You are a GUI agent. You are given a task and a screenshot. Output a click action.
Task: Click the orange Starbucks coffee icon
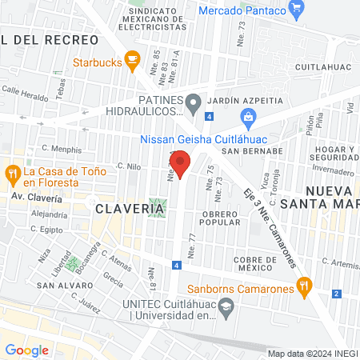pyautogui.click(x=130, y=62)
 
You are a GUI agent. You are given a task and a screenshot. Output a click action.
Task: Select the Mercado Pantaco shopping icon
pyautogui.click(x=298, y=10)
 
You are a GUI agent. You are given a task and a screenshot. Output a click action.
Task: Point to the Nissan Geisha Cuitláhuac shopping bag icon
pyautogui.click(x=248, y=119)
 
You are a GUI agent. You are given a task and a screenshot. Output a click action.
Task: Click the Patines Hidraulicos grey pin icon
pyautogui.click(x=193, y=102)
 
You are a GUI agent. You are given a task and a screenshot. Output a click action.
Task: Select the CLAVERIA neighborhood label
pyautogui.click(x=130, y=208)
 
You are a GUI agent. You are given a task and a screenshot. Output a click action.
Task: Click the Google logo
pyautogui.click(x=26, y=350)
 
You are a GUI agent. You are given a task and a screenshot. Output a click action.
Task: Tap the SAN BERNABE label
pyautogui.click(x=252, y=150)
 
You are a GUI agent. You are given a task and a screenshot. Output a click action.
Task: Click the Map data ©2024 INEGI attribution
pyautogui.click(x=312, y=353)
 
